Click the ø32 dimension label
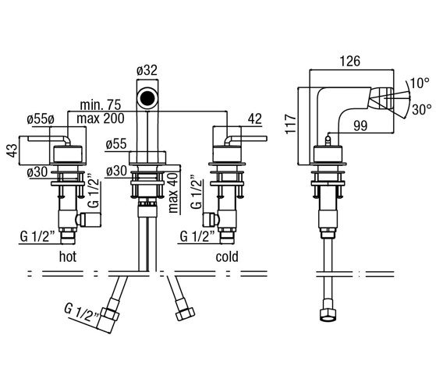pos(147,70)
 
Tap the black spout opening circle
pos(147,97)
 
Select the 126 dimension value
pos(350,61)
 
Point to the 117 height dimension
pos(291,123)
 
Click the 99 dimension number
pos(360,126)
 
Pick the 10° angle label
pos(420,83)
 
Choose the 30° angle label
pos(422,109)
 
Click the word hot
pos(68,256)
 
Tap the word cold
pos(227,256)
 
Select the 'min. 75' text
pos(101,105)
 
